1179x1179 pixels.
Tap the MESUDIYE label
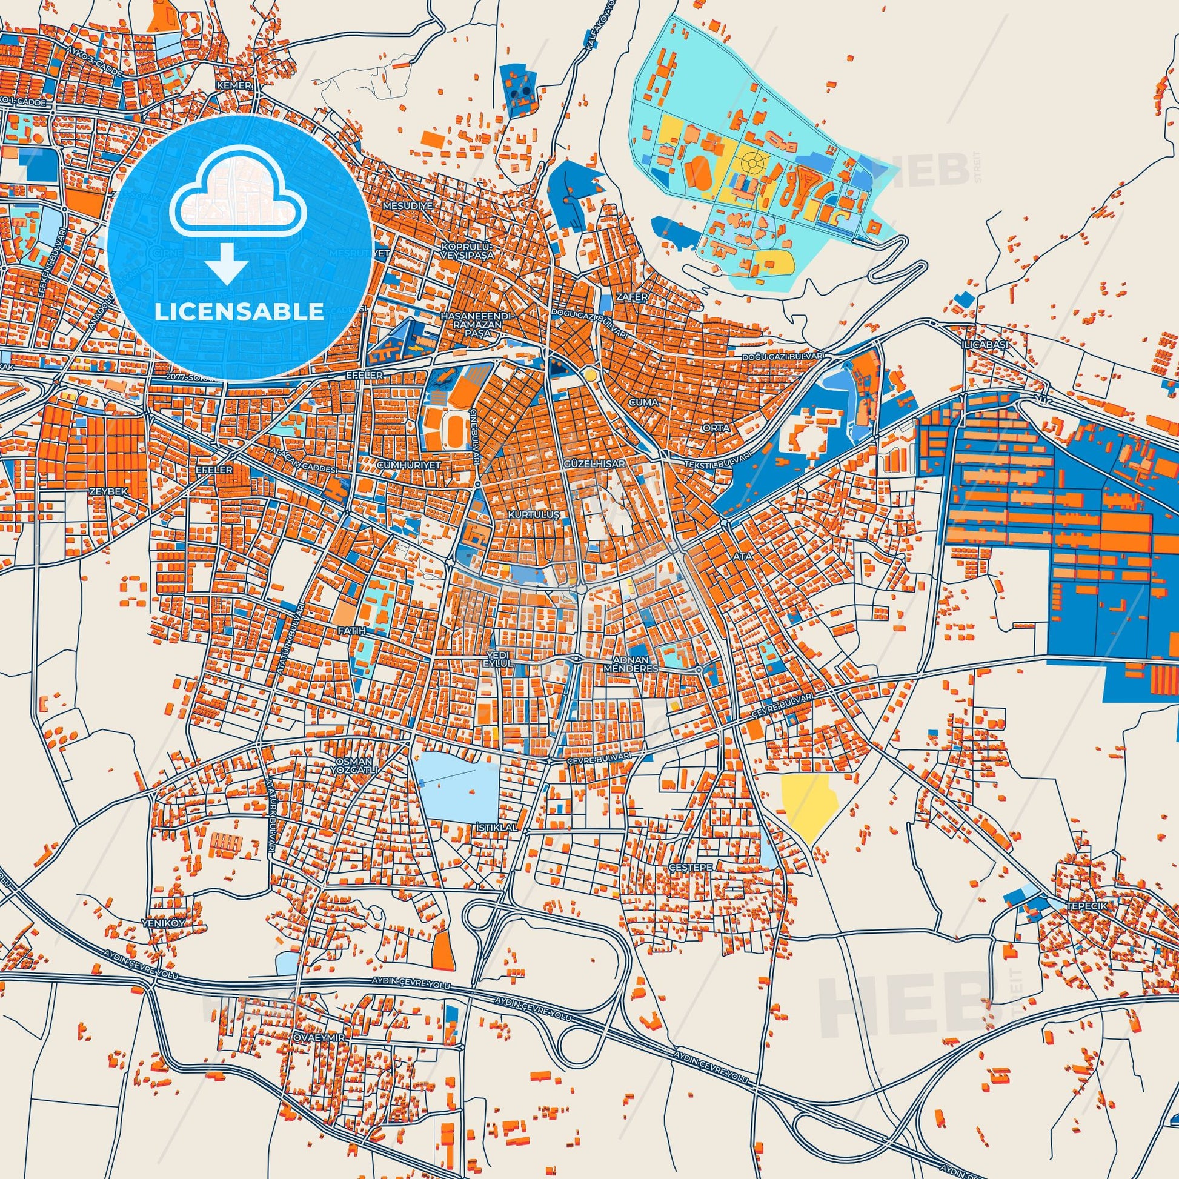(408, 205)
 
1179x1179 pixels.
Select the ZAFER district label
(631, 297)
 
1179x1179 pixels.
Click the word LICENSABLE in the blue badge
(239, 312)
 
